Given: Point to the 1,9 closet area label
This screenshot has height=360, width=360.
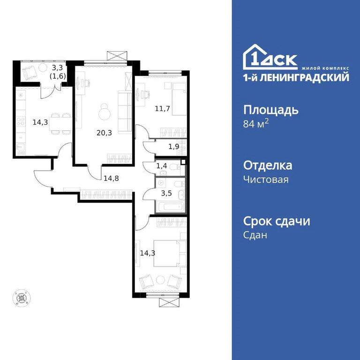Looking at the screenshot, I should coord(173,146).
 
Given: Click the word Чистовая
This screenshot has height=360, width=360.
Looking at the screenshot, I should coord(266,180).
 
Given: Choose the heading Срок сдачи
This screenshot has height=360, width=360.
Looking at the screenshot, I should coord(277,221).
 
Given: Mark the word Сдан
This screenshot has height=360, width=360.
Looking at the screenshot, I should coord(255,235).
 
